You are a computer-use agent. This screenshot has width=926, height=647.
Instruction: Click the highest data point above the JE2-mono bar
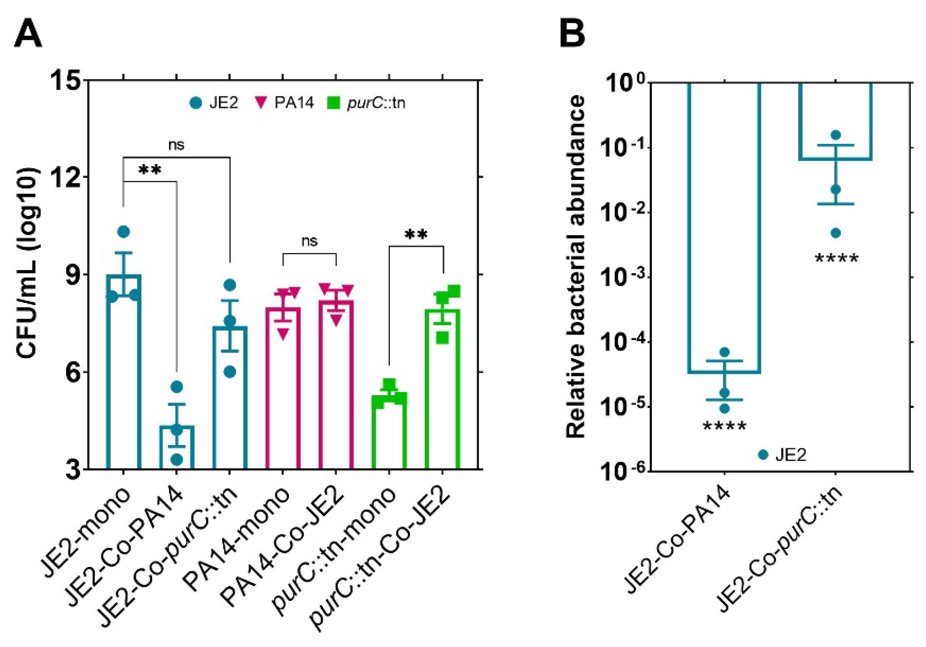pyautogui.click(x=124, y=232)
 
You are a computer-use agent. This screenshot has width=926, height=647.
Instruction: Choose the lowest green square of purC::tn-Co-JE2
pyautogui.click(x=443, y=338)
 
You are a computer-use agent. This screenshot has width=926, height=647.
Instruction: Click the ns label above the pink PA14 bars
pyautogui.click(x=309, y=241)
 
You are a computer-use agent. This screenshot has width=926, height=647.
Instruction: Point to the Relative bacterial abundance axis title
pyautogui.click(x=575, y=266)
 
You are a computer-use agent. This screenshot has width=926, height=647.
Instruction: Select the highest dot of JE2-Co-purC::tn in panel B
pyautogui.click(x=836, y=135)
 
